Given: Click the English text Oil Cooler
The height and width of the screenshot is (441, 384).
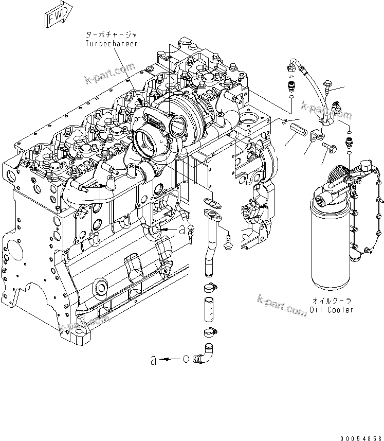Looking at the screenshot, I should coord(332,310).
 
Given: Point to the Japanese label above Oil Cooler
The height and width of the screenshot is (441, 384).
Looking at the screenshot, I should coord(332,300).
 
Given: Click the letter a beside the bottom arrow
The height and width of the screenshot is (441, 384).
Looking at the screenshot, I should coord(153,361).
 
